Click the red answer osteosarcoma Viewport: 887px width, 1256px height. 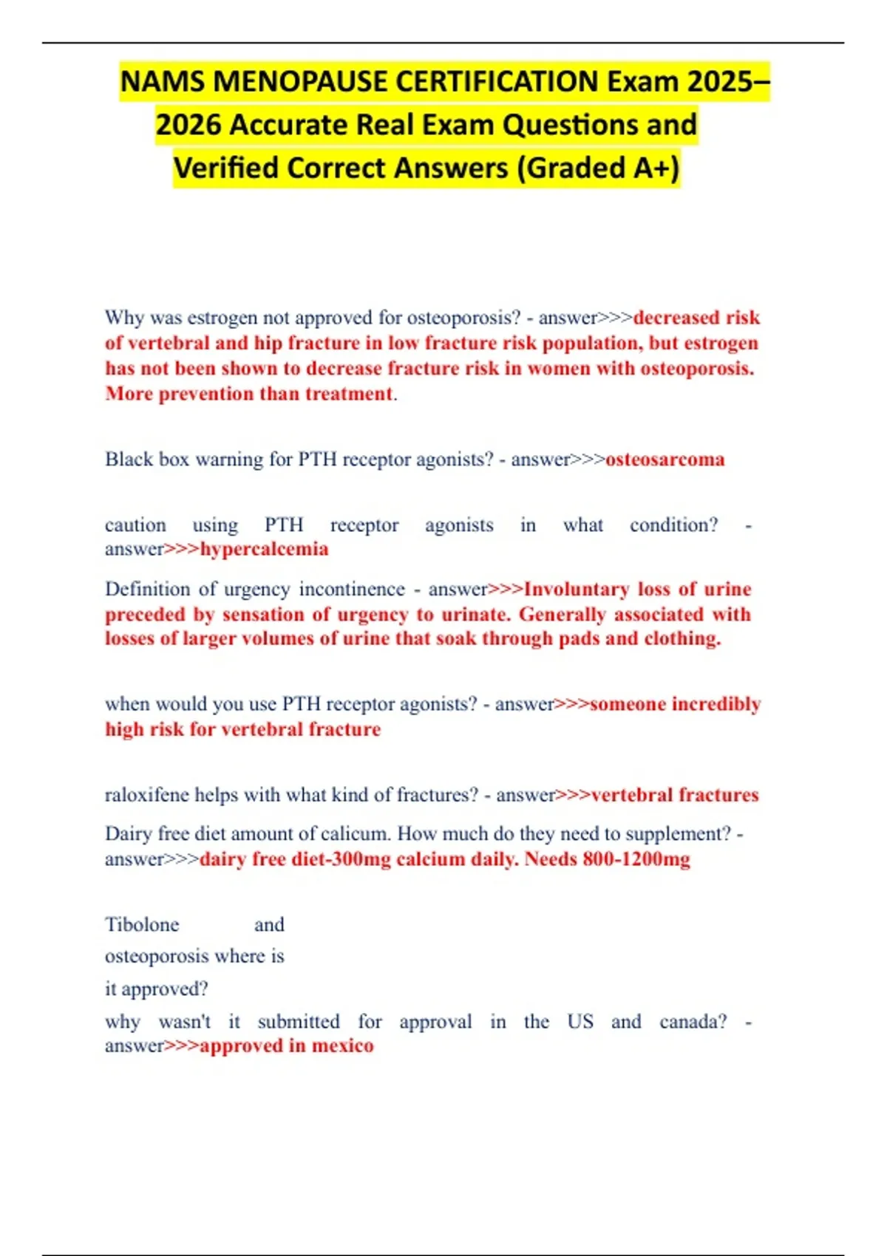665,460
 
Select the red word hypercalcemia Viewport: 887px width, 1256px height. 264,549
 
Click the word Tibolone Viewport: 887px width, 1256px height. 142,925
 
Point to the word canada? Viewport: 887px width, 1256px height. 693,1022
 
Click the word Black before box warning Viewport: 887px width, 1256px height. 129,460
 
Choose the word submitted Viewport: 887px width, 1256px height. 299,1022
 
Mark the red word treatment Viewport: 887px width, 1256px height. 348,394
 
